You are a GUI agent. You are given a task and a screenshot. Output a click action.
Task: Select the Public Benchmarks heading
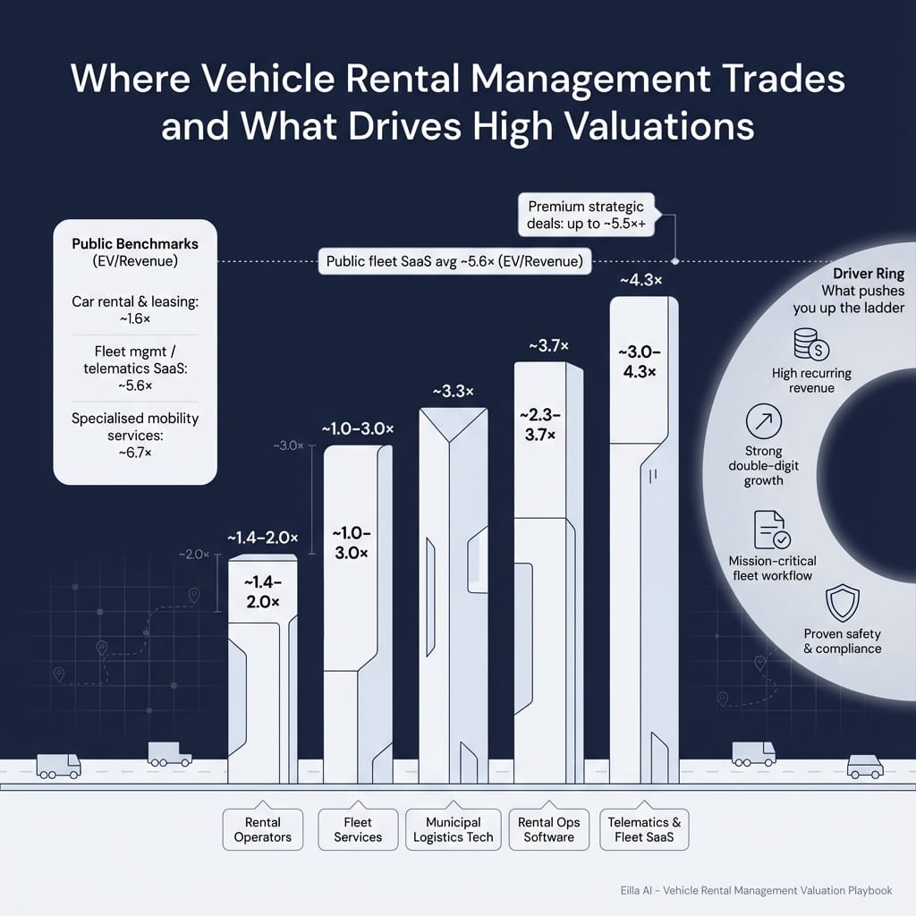[x=135, y=243]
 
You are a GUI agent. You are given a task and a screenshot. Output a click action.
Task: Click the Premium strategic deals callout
[x=586, y=215]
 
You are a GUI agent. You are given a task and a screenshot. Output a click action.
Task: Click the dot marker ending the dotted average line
[x=674, y=261]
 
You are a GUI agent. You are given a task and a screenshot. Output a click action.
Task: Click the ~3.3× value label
[x=454, y=392]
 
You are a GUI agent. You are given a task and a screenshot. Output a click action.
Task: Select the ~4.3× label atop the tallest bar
[x=640, y=281]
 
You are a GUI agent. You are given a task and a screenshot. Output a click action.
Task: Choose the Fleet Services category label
[x=358, y=830]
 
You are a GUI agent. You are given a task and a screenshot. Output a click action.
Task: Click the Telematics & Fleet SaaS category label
[x=644, y=830]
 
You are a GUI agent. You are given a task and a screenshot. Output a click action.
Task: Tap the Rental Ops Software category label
[x=548, y=830]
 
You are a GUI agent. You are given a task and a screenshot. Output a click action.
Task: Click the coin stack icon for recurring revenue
[x=810, y=344]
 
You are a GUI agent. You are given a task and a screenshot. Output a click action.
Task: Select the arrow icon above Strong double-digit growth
[x=763, y=421]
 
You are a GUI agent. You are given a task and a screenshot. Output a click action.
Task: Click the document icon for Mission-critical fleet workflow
[x=771, y=530]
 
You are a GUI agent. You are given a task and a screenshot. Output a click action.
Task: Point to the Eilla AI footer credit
[x=756, y=891]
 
